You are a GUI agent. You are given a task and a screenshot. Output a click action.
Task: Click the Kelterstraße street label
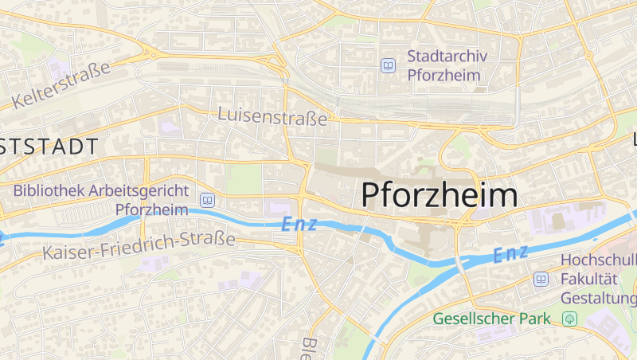[61, 87]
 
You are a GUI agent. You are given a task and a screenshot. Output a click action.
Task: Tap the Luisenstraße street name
[273, 117]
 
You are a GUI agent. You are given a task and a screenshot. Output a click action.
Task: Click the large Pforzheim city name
[440, 195]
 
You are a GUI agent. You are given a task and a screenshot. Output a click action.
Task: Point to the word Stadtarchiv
[447, 57]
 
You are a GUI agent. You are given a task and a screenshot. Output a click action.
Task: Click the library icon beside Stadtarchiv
[389, 65]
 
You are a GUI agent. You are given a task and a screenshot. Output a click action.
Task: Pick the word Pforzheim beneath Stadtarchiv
[444, 75]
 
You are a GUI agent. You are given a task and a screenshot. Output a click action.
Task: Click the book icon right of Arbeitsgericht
[208, 200]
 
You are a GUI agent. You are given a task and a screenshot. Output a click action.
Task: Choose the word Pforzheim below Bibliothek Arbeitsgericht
[151, 209]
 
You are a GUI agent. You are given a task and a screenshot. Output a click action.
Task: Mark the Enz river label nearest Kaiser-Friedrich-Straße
[299, 225]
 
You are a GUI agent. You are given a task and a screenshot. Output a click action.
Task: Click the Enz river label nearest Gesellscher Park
[510, 255]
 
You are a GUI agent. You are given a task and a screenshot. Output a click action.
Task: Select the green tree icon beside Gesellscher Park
[569, 319]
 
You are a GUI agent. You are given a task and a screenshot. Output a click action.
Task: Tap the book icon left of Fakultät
[541, 280]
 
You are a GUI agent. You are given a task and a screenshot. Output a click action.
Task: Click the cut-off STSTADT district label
[49, 147]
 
